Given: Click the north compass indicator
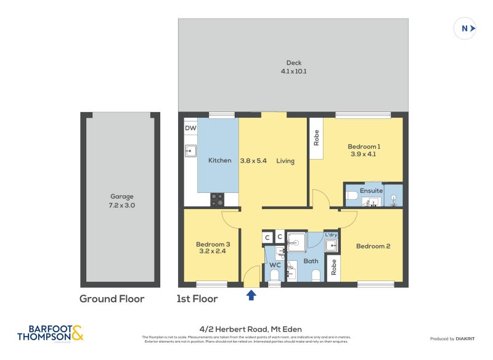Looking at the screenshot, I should [x=465, y=28].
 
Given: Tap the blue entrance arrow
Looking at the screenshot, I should [x=251, y=295].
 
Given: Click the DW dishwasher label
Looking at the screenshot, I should [x=191, y=128].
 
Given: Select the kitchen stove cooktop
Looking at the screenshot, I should [x=218, y=200].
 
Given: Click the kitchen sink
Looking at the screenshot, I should [x=191, y=150].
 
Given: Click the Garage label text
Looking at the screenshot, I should [x=121, y=197].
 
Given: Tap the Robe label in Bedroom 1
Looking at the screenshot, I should [x=317, y=137].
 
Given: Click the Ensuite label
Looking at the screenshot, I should [x=372, y=190].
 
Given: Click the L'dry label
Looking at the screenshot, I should [x=331, y=235].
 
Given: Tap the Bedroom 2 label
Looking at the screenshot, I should [x=373, y=247].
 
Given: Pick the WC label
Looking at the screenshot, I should [x=275, y=265].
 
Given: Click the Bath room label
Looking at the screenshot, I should [x=311, y=261].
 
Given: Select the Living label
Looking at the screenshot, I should [x=285, y=161].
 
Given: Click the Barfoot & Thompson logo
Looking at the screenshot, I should [x=50, y=333].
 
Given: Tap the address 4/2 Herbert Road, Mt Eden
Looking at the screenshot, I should [x=246, y=329].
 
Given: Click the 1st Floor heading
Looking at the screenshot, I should [x=197, y=299].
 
